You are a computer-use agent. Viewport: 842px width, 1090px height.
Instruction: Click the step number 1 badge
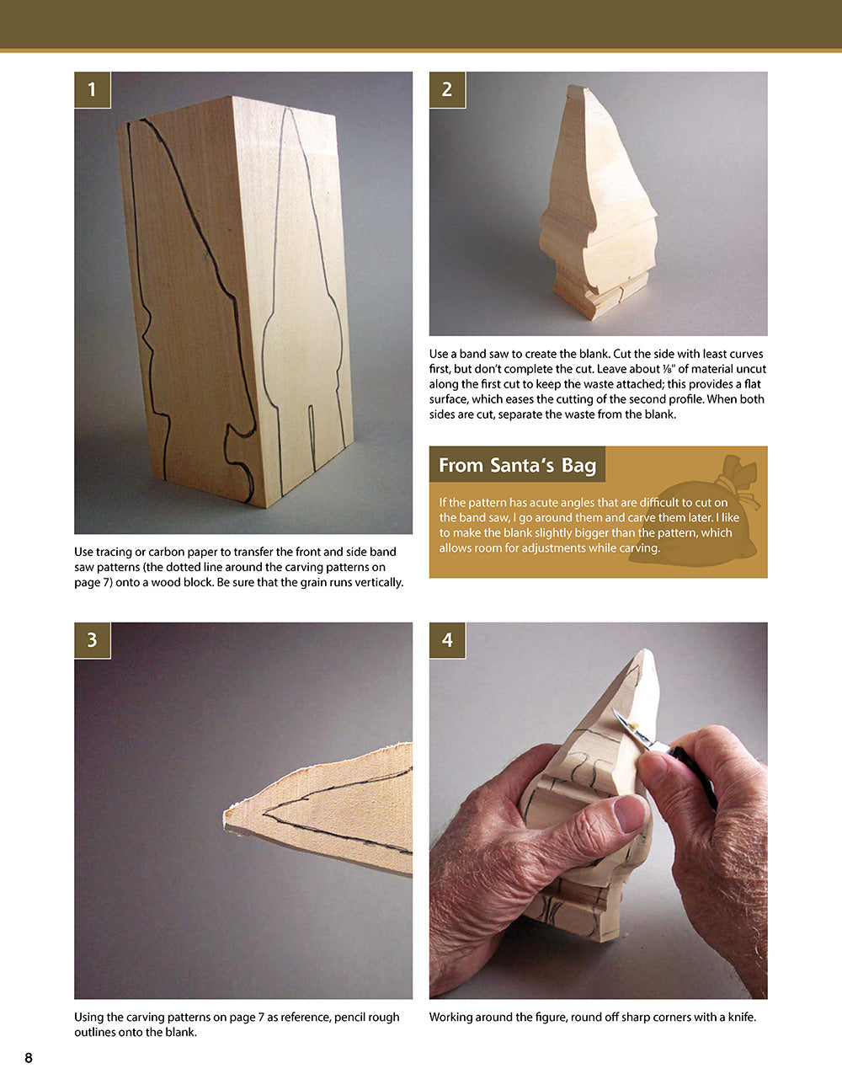[92, 89]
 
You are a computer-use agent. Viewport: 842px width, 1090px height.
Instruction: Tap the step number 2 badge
[447, 89]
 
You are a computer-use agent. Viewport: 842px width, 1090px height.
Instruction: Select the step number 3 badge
[92, 640]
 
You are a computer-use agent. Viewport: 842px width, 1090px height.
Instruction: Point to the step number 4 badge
[447, 640]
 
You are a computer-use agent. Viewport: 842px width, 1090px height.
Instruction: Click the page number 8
[29, 1058]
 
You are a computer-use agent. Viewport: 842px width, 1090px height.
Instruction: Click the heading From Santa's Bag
[517, 465]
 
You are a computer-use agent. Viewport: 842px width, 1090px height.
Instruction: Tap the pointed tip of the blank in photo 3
[228, 815]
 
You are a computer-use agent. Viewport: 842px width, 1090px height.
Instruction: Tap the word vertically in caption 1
[374, 582]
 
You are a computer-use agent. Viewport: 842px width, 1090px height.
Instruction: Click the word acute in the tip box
[540, 503]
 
